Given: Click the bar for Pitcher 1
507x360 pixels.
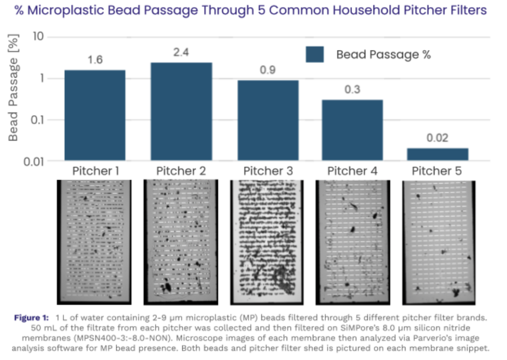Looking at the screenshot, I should [95, 115].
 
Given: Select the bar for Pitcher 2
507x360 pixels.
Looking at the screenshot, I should [181, 111].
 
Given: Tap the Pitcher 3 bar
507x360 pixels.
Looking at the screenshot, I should [268, 120].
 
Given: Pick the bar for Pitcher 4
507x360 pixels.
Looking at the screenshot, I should [353, 130].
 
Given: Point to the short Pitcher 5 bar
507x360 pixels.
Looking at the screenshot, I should [438, 154].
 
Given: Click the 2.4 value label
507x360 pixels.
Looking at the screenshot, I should [181, 52].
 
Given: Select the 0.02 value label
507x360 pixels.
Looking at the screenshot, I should [438, 138].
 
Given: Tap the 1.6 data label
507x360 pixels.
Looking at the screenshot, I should [95, 60].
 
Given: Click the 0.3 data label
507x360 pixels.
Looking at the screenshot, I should [353, 90].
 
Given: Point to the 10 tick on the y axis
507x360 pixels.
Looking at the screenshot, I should [38, 37].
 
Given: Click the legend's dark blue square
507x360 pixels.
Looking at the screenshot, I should [314, 54].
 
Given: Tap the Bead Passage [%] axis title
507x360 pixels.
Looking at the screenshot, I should [13, 92].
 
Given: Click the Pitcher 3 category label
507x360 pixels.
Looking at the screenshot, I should [268, 171].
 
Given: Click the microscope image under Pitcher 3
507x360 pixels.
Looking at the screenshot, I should [268, 242].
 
